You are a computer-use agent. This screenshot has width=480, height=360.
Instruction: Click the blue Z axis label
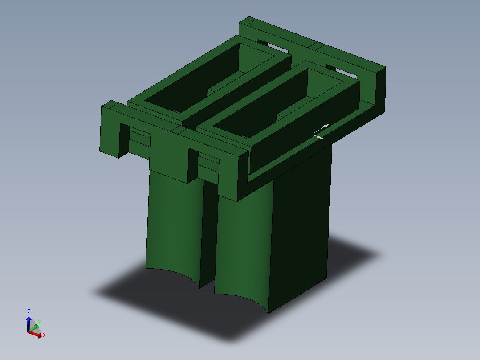point(29,312)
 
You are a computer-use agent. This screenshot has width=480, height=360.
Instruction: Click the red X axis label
point(44,335)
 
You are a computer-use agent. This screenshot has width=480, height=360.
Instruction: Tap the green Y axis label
point(39,322)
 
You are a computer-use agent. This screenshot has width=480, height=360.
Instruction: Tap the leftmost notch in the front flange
point(124,138)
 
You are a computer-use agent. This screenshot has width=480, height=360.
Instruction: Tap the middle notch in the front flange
point(193,165)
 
